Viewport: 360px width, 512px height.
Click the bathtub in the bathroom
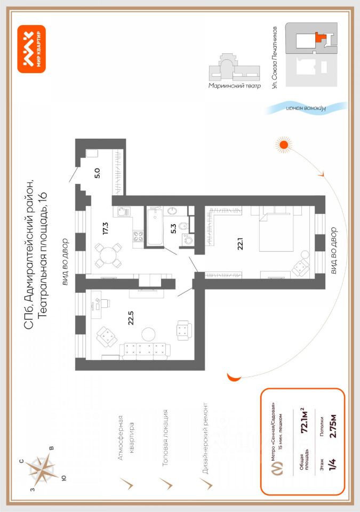156,227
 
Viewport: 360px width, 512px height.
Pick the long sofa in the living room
145,350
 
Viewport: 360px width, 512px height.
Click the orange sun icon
284,143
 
